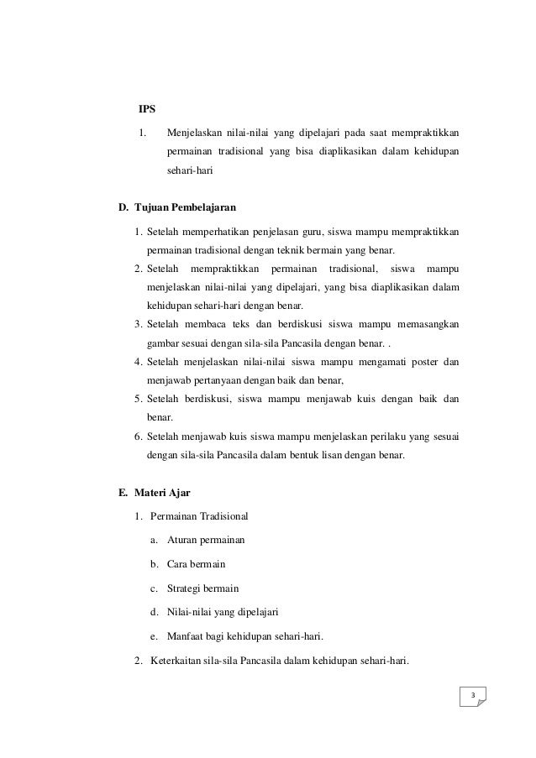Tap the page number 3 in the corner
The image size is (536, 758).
[473, 696]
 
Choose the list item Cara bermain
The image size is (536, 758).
[196, 563]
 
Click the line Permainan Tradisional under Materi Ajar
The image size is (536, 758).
[199, 515]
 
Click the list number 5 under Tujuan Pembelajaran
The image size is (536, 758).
[137, 400]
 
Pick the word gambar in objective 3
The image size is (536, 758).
[162, 342]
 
